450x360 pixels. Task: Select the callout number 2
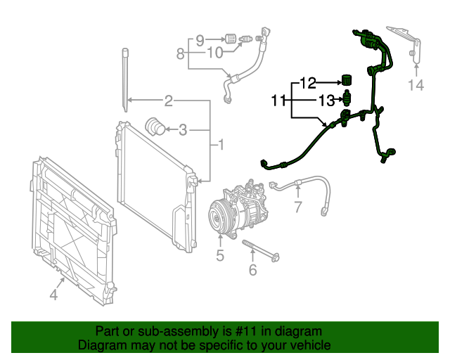(169, 101)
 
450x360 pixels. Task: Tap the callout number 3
(183, 129)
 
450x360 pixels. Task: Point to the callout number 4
(54, 295)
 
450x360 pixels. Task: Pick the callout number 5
(220, 256)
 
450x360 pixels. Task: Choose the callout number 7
(297, 207)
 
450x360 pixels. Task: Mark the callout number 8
(181, 53)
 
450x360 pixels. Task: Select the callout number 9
(200, 39)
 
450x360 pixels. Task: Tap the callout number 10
(214, 53)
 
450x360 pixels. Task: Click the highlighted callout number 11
(278, 101)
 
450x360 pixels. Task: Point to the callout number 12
(308, 82)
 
